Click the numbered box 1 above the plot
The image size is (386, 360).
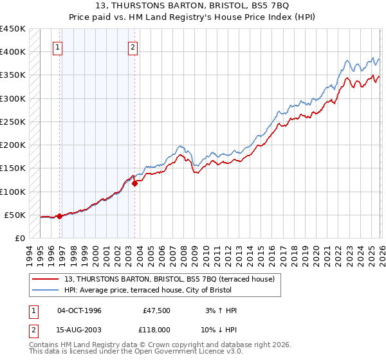point(58,46)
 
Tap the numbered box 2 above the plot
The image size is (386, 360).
point(133,46)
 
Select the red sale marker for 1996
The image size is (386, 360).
point(59,216)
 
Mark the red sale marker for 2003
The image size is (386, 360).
point(134,183)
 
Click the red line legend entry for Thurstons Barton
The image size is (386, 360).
point(169,278)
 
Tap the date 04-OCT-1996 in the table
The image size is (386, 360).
point(79,310)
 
